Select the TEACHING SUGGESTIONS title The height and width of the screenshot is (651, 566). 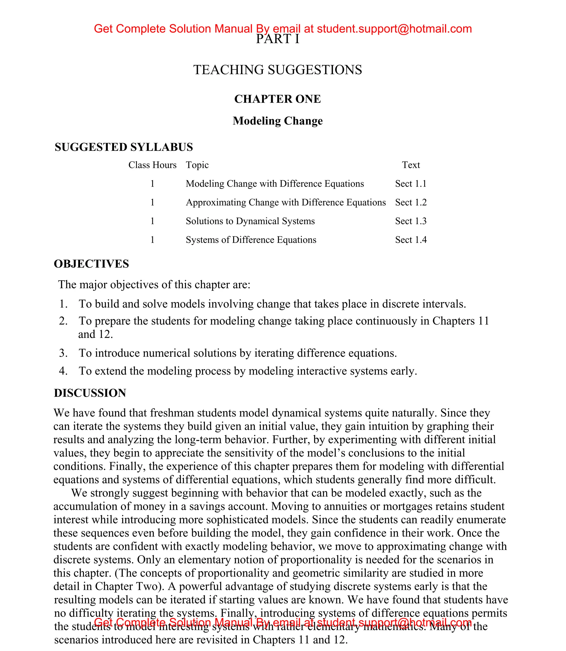click(278, 70)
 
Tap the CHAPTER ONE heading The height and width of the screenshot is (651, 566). click(278, 99)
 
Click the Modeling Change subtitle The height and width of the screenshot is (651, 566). click(278, 121)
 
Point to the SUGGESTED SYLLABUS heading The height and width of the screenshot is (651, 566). click(124, 147)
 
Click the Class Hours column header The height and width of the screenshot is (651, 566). click(152, 165)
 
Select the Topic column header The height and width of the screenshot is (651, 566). click(197, 165)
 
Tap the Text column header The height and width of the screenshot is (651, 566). click(411, 165)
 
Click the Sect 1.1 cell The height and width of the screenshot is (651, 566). click(411, 184)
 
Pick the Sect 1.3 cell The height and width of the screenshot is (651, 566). click(411, 221)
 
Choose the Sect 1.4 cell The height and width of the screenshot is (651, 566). click(411, 240)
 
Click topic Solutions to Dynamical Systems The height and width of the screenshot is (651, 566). click(250, 221)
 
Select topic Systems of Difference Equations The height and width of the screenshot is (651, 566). click(251, 240)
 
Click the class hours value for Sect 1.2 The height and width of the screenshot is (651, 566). click(152, 202)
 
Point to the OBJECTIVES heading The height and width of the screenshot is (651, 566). click(91, 264)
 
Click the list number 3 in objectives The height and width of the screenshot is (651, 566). click(63, 353)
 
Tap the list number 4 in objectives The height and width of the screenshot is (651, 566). click(63, 371)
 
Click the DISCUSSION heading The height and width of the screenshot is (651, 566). click(90, 393)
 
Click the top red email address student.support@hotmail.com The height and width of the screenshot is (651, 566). click(394, 29)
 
